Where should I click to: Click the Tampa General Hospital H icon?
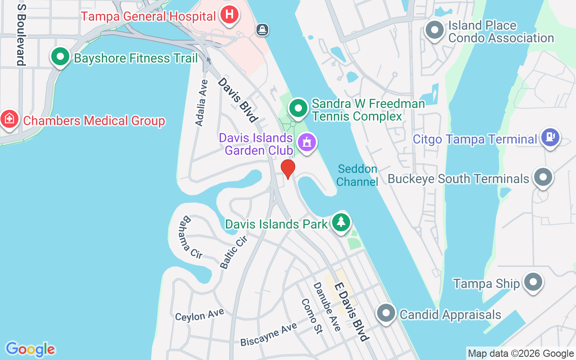point(229,14)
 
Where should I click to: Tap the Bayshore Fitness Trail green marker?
point(60,57)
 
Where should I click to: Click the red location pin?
point(288,169)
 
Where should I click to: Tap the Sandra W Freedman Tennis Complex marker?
point(298,108)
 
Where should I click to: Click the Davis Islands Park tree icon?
point(341,222)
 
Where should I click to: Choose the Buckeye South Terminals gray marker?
point(543,177)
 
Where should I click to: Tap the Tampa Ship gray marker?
point(533,282)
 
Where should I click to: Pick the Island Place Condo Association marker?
point(435,30)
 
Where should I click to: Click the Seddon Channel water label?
point(357,175)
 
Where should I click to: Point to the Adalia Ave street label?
point(202,103)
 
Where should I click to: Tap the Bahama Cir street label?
point(190,237)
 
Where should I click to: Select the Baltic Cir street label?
point(234,252)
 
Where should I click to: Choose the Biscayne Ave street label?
point(269,334)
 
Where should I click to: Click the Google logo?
point(30,349)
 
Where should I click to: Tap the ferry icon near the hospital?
point(262,30)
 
